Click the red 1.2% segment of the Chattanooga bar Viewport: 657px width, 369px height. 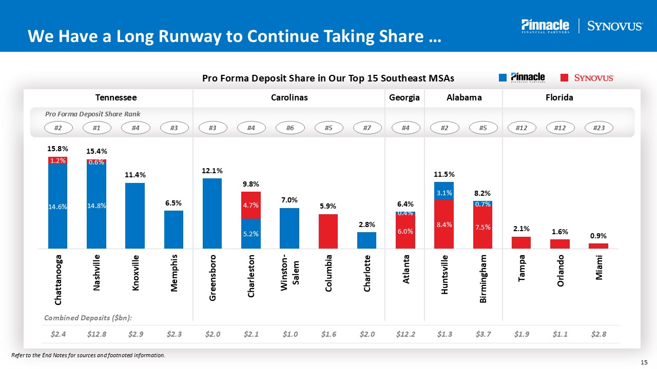[58, 160]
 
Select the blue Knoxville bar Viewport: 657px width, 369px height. [135, 215]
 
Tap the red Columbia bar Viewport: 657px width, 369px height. [328, 231]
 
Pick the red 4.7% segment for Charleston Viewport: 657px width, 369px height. [251, 205]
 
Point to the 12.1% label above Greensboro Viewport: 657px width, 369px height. [212, 170]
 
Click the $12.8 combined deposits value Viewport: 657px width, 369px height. [96, 334]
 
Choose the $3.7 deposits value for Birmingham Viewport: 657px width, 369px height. [482, 334]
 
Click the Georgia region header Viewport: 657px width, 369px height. [404, 97]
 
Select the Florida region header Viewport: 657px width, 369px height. [560, 97]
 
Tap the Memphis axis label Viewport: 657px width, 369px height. [174, 272]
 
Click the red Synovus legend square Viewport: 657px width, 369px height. [565, 78]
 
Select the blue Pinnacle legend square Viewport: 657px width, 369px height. [503, 78]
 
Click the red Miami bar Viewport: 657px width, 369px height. [598, 246]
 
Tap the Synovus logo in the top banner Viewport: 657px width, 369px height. [614, 26]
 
